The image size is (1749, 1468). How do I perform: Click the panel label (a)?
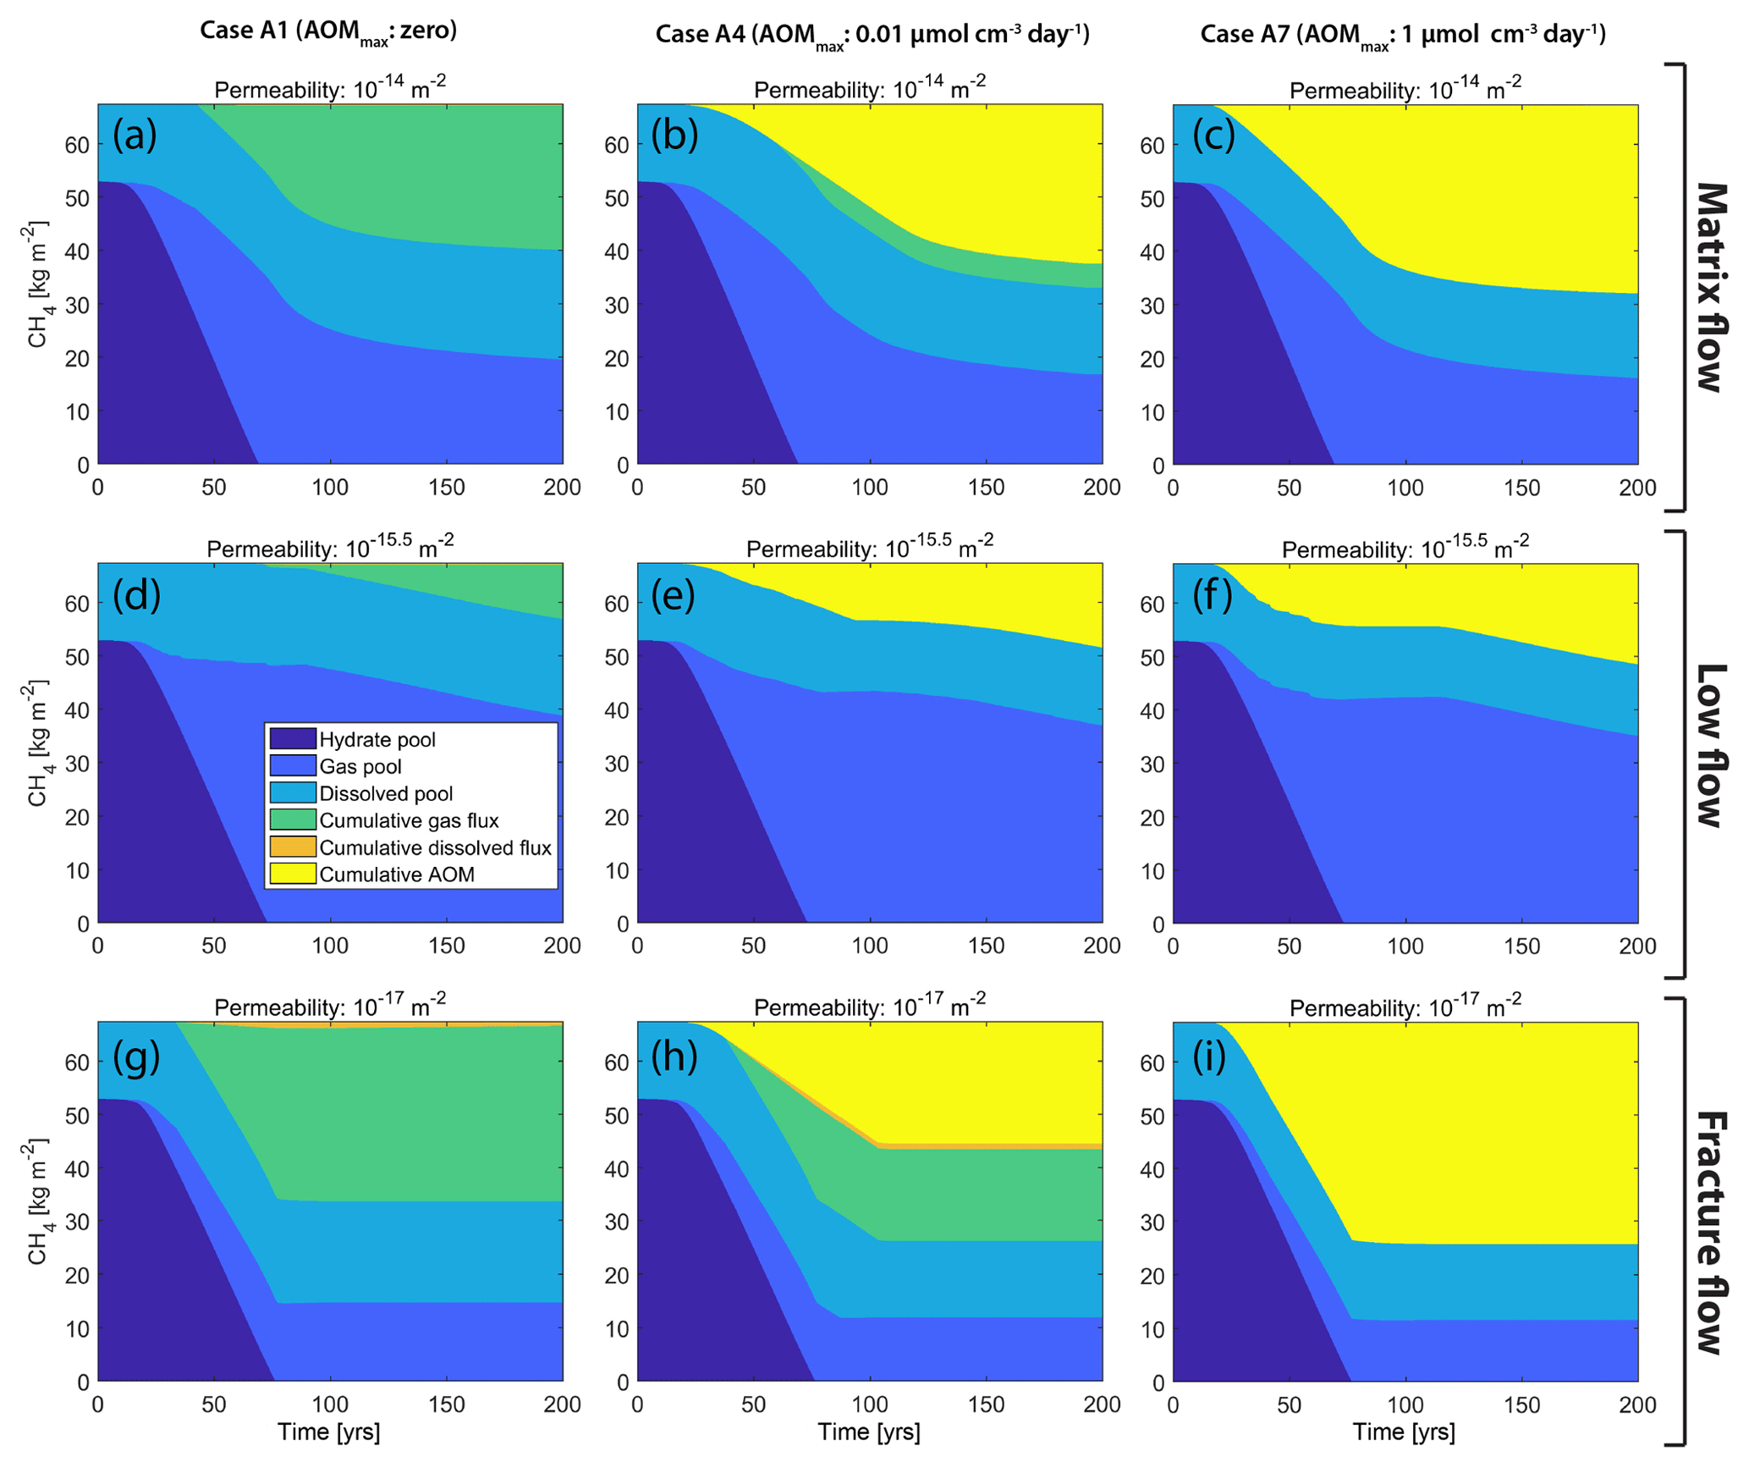click(135, 135)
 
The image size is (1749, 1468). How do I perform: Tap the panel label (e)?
click(674, 594)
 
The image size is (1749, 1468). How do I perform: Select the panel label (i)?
click(1209, 1057)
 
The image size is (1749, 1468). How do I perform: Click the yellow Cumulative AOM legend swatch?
click(293, 874)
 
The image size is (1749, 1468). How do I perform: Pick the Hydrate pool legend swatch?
click(293, 739)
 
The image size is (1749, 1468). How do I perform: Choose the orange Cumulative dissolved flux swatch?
click(293, 847)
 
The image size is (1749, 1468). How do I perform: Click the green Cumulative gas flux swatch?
click(293, 820)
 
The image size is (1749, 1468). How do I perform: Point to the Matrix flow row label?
click(1709, 288)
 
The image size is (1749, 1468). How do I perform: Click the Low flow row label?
click(1709, 745)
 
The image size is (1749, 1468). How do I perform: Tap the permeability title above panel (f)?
click(1405, 548)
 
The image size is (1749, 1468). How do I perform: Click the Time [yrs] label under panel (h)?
click(869, 1432)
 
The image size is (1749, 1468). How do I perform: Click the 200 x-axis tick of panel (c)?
click(1637, 488)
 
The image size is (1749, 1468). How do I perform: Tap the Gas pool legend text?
click(360, 766)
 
